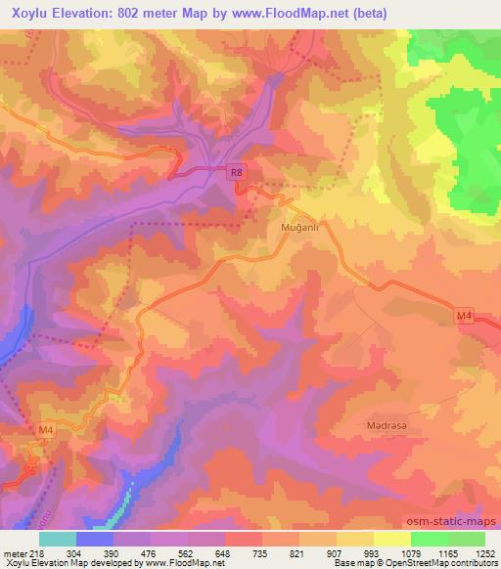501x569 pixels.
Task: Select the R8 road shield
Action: (235, 174)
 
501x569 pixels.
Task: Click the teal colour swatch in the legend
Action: (57, 539)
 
